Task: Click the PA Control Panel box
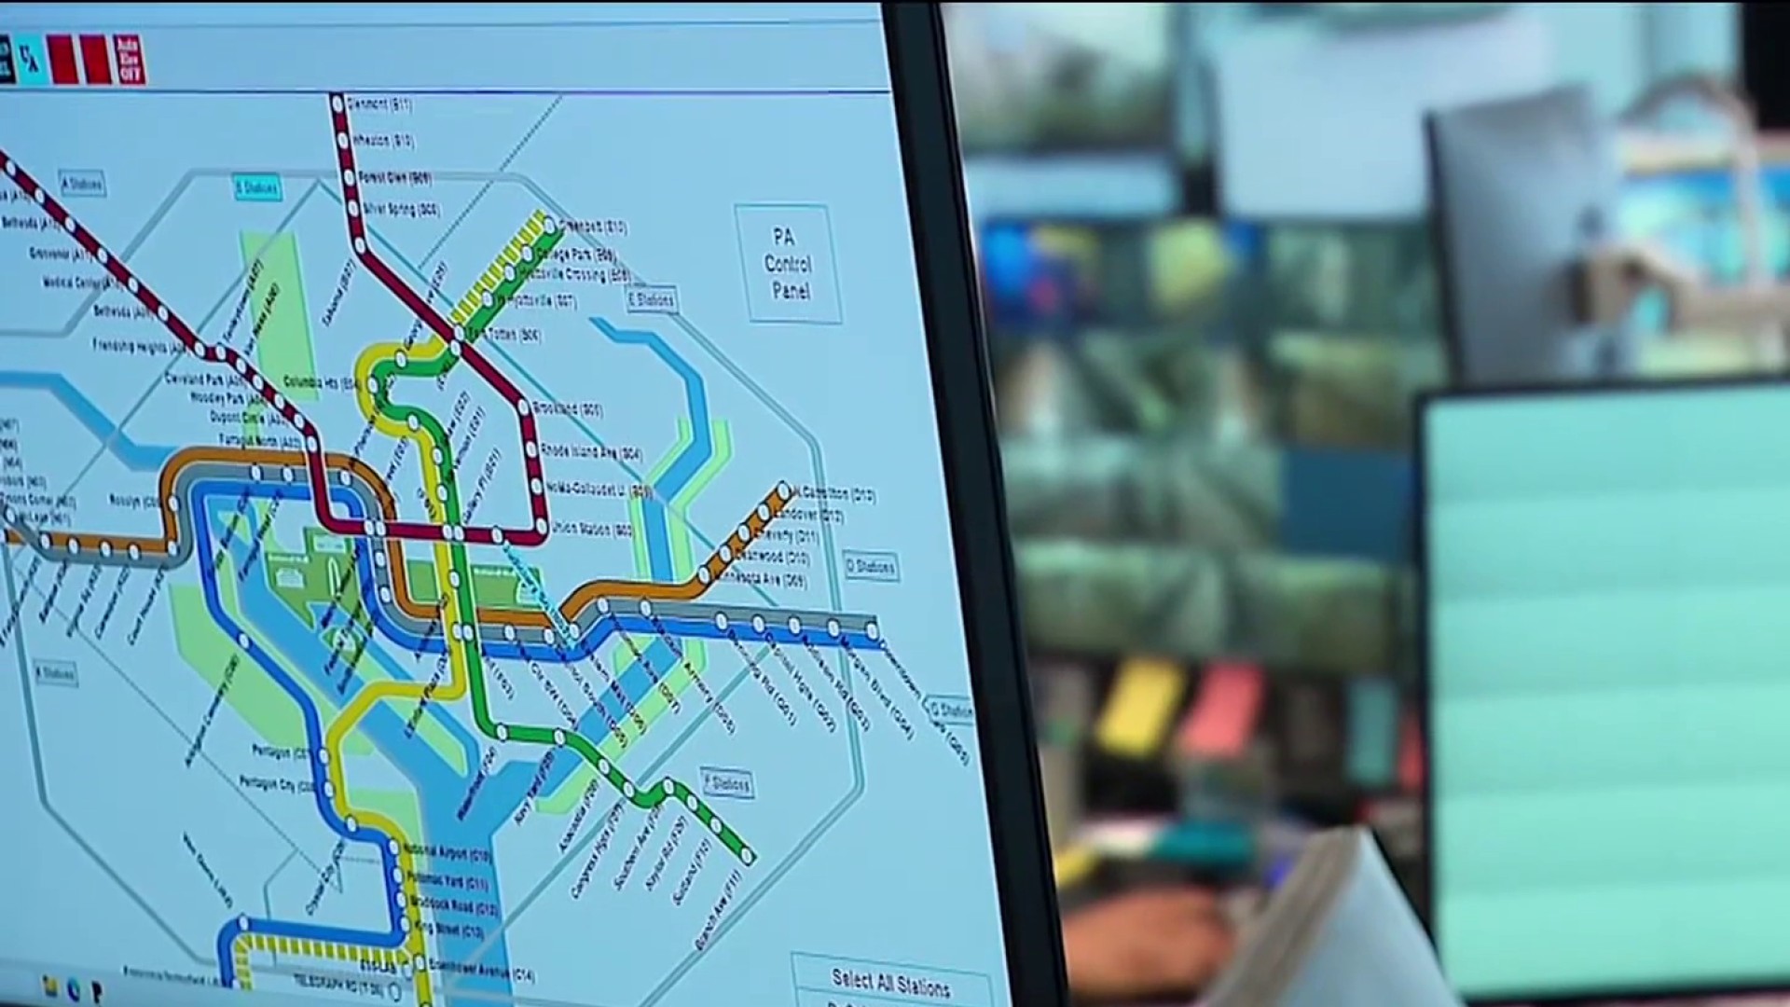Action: tap(788, 264)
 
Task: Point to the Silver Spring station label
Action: tap(402, 210)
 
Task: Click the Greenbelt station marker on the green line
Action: tap(550, 225)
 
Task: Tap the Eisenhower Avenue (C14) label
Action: tap(481, 972)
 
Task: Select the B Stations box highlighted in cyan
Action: tap(256, 188)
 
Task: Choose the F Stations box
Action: tap(727, 783)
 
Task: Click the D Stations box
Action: tap(870, 566)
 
